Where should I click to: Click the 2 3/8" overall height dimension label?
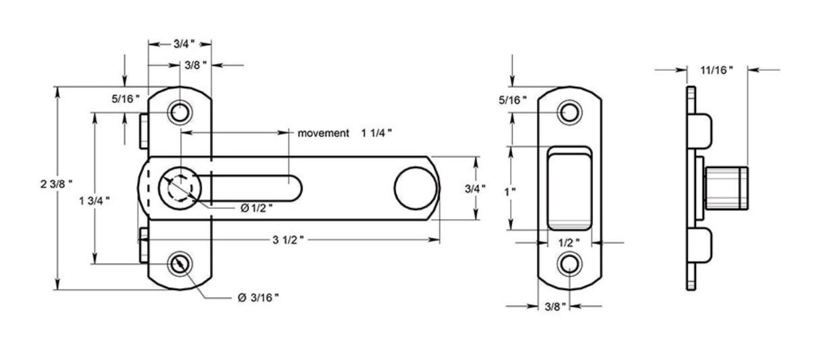point(56,183)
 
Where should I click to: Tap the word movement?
point(323,133)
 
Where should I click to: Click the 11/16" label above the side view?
point(716,69)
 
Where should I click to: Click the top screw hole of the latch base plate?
point(180,111)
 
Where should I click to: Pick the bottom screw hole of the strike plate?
point(569,264)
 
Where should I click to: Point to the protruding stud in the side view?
point(727,188)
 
